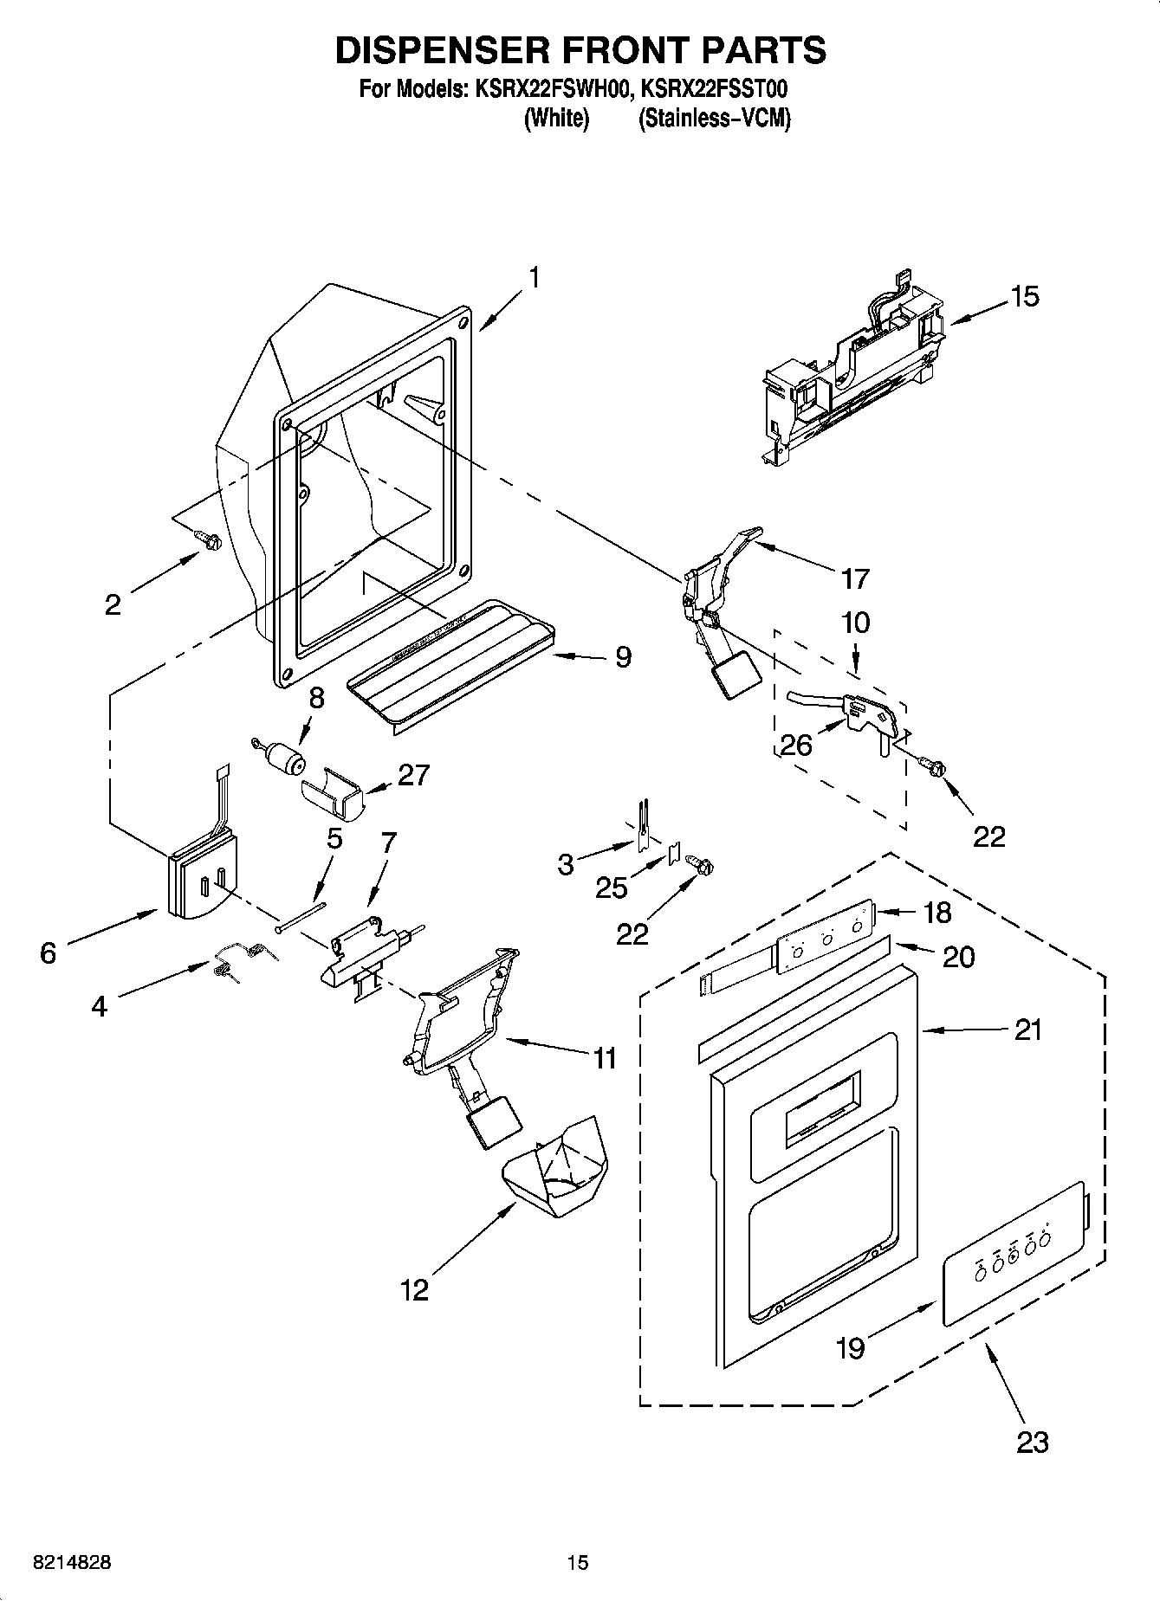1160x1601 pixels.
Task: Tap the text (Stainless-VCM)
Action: [x=714, y=119]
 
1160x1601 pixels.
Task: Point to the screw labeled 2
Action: [x=208, y=540]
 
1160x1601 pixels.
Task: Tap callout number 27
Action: [x=412, y=775]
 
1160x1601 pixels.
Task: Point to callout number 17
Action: [x=854, y=578]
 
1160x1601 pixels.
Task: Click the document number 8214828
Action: [x=72, y=1563]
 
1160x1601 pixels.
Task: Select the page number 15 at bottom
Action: [x=577, y=1563]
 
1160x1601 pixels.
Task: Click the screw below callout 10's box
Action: [x=934, y=766]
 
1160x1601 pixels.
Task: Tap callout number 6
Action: [x=48, y=953]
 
